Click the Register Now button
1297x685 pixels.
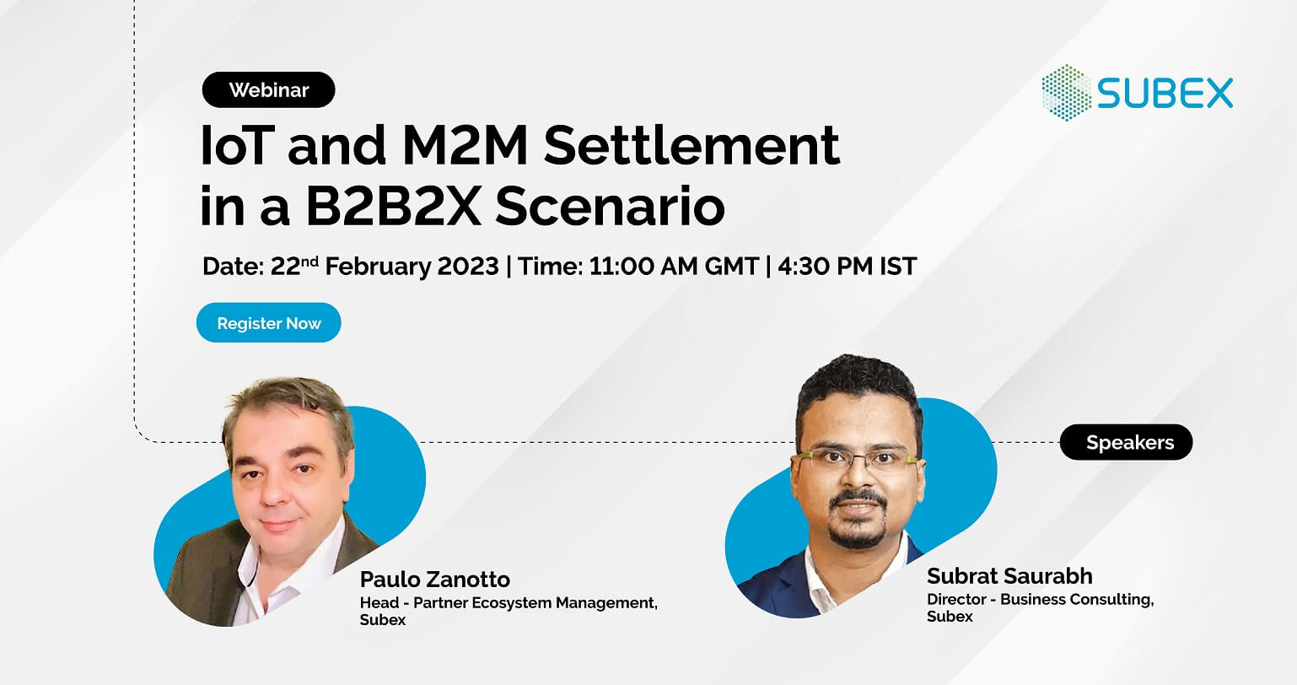(x=269, y=323)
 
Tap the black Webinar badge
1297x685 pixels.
(x=268, y=89)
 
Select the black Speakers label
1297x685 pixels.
(x=1126, y=443)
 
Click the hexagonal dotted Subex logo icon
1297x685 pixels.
(x=1067, y=93)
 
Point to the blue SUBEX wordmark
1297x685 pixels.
(x=1165, y=93)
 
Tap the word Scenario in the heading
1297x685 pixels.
(x=610, y=208)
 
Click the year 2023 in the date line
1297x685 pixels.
(x=468, y=267)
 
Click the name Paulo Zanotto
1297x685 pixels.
(x=434, y=580)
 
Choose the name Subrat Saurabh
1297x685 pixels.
(x=1009, y=576)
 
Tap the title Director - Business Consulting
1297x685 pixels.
(x=1040, y=600)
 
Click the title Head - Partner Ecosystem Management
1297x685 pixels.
(x=509, y=603)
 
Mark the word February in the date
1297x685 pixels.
(x=378, y=267)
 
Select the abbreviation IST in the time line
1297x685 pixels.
(x=897, y=267)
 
